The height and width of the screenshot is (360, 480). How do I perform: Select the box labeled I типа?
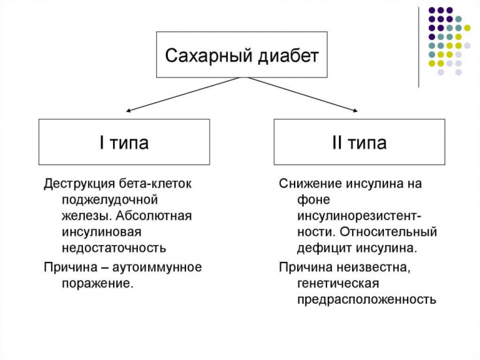click(124, 142)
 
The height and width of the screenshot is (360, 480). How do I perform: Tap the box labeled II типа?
click(359, 142)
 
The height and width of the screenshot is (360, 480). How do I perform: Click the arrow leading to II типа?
click(304, 94)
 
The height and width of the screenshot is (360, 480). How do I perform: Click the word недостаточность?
click(114, 248)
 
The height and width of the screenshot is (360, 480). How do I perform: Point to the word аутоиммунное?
click(157, 267)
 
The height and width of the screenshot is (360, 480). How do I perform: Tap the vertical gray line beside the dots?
click(419, 46)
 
